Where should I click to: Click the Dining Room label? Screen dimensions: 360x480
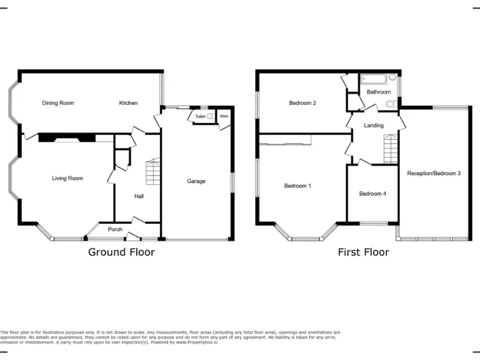point(58,103)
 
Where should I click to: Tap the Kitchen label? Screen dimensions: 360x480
point(129,103)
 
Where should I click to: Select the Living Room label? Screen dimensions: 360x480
point(67,179)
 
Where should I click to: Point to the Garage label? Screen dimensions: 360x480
point(196,182)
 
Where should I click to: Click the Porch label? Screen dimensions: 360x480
point(115,229)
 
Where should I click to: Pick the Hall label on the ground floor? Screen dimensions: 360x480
point(139,196)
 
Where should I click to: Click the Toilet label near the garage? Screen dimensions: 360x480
point(200,117)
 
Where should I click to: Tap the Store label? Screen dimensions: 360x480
point(224,116)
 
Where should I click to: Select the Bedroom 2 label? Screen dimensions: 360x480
point(302,103)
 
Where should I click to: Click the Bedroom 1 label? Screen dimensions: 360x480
point(297,186)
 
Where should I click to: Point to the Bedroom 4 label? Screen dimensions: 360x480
point(372,194)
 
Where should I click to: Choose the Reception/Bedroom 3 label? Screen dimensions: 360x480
point(434,173)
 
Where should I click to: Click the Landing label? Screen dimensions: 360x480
point(374,126)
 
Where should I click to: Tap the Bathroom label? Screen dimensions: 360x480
point(379,92)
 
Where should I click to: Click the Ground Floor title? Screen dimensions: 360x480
point(121,252)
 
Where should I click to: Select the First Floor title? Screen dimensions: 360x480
point(363,252)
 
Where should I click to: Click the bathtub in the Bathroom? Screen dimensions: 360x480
point(375,79)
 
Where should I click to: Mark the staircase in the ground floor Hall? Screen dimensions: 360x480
point(153,172)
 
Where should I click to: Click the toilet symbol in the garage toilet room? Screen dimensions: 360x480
point(211,116)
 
